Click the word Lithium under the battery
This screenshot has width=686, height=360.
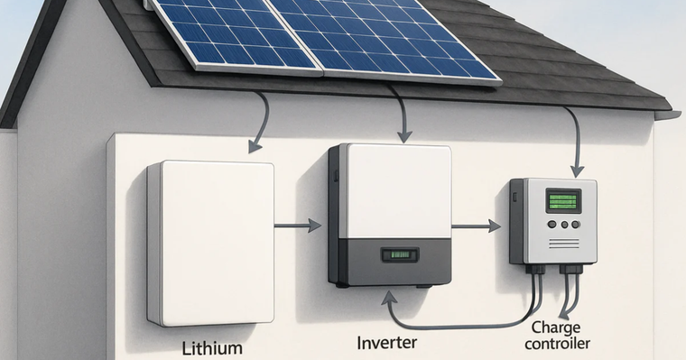coord(212,346)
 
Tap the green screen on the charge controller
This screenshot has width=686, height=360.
coord(563,200)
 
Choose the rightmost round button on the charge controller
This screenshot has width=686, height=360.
coord(575,225)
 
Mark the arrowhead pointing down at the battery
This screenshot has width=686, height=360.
coord(255,144)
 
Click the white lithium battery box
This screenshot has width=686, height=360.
coord(209,242)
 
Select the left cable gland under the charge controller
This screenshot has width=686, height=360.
coord(538,268)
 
